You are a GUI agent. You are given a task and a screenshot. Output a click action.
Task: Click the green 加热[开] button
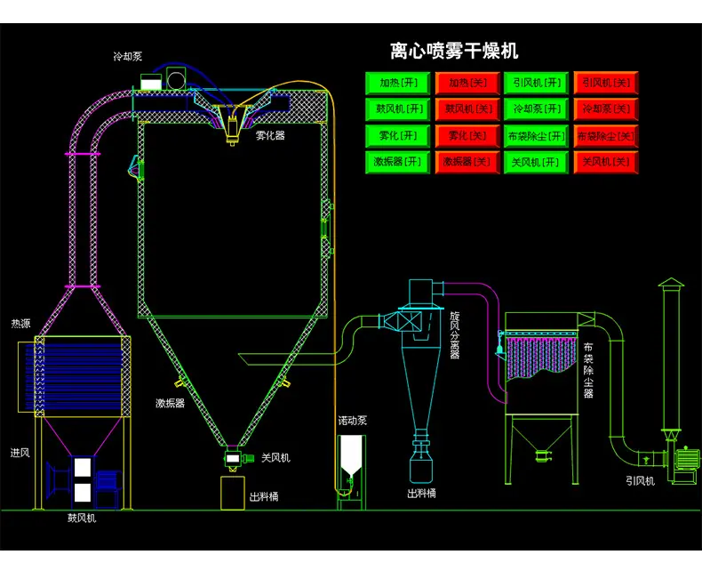397,83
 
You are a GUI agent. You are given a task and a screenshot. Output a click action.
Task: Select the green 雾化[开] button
397,136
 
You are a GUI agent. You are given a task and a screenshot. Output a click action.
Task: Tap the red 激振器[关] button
467,162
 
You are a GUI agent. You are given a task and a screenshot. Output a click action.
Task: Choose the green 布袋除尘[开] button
536,136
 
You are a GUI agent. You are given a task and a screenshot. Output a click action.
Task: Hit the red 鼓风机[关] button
467,109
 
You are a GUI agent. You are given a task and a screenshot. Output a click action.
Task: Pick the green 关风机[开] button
536,162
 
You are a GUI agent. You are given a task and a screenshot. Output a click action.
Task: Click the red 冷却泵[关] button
606,109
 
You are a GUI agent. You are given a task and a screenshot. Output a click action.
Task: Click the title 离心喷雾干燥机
454,51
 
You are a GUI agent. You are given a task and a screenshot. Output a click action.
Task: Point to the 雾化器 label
270,135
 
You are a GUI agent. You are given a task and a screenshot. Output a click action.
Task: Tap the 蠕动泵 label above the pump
353,421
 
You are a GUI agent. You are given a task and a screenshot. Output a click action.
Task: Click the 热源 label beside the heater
20,324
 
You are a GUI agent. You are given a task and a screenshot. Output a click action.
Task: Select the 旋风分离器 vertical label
455,334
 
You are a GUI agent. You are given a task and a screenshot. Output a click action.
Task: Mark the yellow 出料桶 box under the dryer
233,493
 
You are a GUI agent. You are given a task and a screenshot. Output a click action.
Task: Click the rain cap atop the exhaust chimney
671,283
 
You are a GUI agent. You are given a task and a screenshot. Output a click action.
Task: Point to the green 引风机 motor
687,458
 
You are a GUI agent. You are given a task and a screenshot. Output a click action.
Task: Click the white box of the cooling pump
151,82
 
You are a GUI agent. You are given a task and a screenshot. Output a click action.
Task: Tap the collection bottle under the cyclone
421,467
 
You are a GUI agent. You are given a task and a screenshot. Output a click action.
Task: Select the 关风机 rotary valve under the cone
233,458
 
